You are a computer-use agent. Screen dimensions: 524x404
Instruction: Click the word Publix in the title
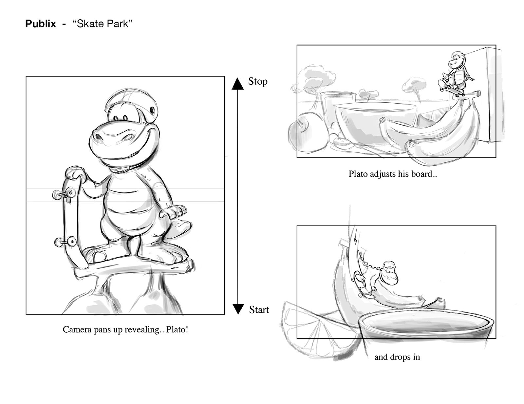coord(41,24)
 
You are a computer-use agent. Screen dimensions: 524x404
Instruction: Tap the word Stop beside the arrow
coord(258,82)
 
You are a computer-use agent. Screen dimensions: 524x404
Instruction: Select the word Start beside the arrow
coord(259,310)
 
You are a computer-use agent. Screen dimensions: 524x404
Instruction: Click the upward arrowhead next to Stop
coord(238,84)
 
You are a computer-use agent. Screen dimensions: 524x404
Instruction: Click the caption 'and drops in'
coord(397,357)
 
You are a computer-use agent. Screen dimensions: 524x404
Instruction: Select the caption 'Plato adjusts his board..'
coord(393,174)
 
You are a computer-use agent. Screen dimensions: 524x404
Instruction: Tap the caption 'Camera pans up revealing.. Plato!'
coord(125,329)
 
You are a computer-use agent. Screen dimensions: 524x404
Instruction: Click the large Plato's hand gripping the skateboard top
coord(74,173)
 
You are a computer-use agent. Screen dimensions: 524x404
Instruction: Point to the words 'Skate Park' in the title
coord(103,24)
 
